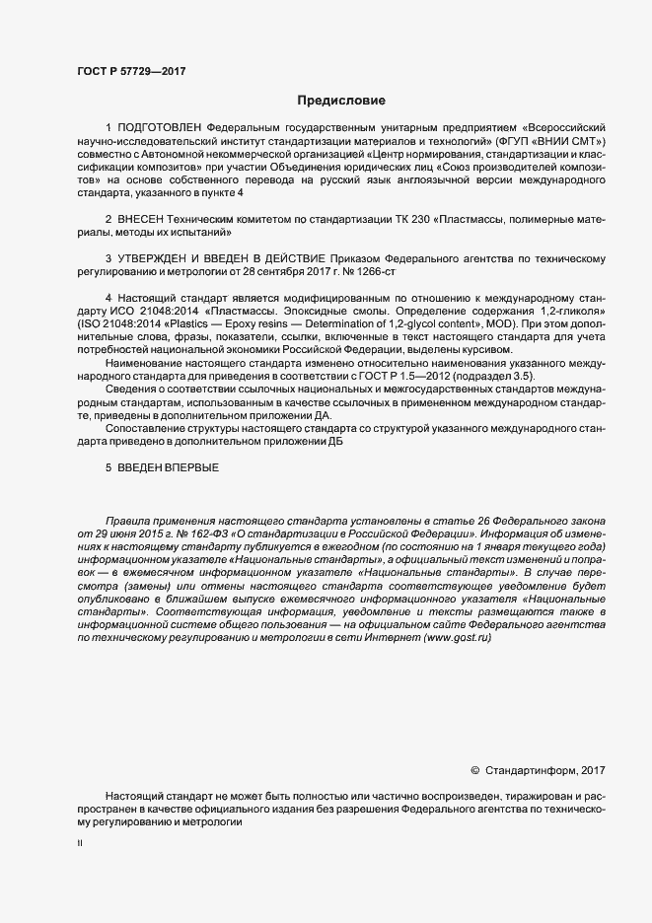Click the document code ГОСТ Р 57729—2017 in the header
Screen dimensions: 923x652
click(x=131, y=71)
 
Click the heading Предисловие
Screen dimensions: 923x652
click(x=342, y=101)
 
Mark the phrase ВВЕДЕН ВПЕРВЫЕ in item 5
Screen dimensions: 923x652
click(x=168, y=467)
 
